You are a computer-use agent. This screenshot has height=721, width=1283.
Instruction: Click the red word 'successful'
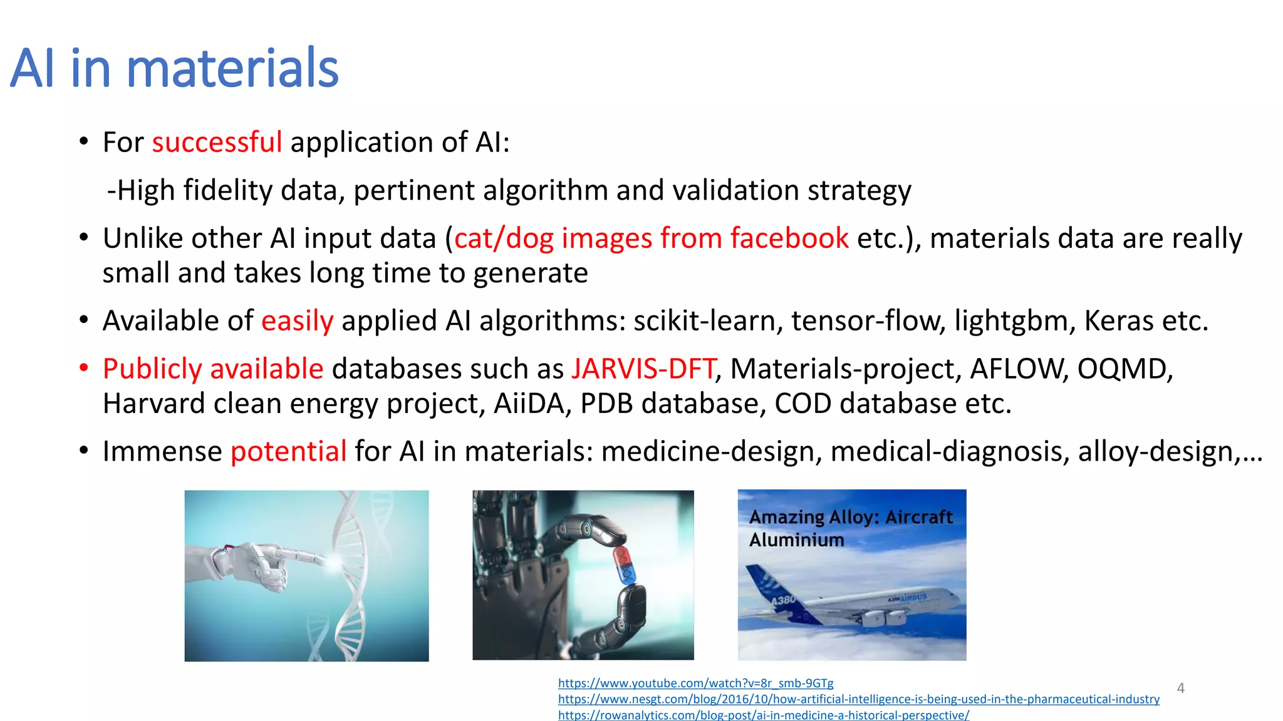pos(217,142)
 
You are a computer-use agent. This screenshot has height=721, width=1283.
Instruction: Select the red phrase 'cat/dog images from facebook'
pos(651,238)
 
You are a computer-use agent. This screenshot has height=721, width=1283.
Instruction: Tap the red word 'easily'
pos(297,321)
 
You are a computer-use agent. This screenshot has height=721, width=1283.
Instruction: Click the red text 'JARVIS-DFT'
pos(643,369)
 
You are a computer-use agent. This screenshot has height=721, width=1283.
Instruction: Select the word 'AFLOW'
pos(1018,369)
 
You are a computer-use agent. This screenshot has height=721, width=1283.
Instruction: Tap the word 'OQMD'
pos(1124,369)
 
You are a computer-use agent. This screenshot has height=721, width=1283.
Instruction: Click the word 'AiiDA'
pos(532,404)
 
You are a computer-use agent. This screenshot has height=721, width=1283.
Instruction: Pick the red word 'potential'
pos(288,451)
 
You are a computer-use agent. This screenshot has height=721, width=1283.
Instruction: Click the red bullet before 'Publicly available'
pos(84,368)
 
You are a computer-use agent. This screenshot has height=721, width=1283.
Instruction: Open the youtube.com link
pos(695,683)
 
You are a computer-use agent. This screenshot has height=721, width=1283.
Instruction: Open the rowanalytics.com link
pos(763,715)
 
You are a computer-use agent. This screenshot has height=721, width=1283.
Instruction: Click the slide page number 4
pos(1180,688)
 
